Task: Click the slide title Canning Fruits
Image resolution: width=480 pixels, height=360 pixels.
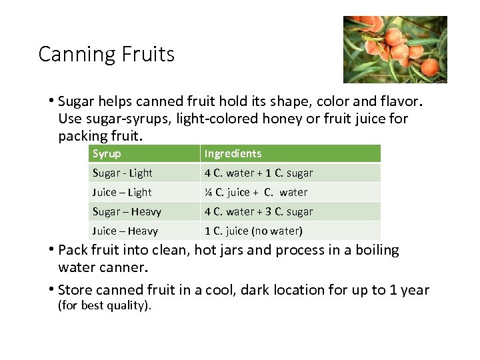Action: [x=107, y=54]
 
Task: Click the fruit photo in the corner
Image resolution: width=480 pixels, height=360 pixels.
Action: [x=395, y=49]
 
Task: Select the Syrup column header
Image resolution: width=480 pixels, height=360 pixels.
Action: [x=107, y=153]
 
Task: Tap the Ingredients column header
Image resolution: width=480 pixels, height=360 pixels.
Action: [x=233, y=153]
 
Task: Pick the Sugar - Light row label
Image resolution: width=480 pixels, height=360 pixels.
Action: [x=122, y=173]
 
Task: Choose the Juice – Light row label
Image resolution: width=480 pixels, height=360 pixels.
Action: [x=122, y=192]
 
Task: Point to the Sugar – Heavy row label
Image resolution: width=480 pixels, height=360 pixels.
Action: [x=127, y=211]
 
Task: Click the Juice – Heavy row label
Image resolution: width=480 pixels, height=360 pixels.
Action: [x=125, y=231]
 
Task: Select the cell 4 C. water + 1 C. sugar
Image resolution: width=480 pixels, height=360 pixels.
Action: [x=258, y=173]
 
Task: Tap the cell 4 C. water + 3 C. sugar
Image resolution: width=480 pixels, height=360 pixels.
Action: [x=258, y=211]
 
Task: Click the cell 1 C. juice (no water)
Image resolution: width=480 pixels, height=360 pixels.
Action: [x=253, y=231]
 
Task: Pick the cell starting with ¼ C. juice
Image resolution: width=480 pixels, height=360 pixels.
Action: [x=256, y=192]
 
